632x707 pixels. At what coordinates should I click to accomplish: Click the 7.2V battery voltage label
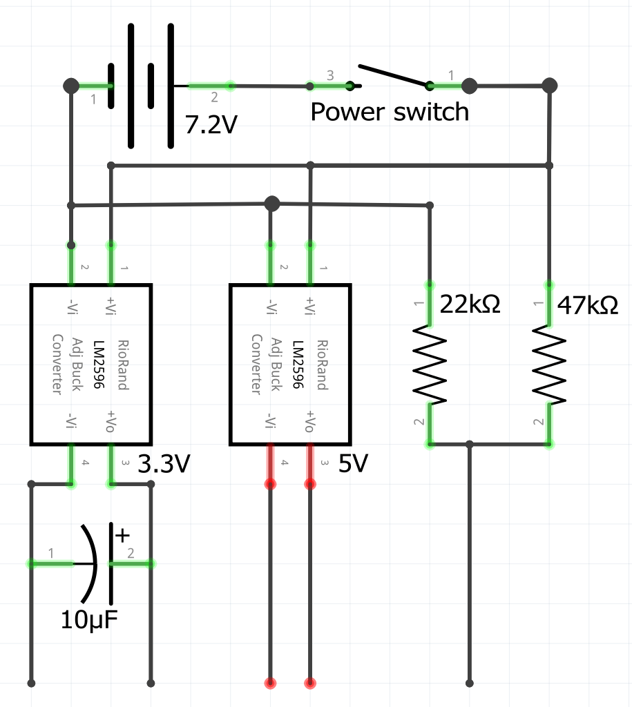pos(211,124)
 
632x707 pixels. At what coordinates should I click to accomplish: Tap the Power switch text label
pos(389,111)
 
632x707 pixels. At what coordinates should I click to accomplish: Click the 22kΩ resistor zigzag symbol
pos(429,365)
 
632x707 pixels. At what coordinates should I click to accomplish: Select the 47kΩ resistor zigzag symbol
pos(549,365)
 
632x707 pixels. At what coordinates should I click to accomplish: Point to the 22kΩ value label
pos(470,304)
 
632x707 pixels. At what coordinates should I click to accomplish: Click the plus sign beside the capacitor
pos(122,534)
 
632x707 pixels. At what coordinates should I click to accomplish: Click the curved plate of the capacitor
pos(90,564)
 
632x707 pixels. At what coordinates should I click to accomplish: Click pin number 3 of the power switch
pos(329,75)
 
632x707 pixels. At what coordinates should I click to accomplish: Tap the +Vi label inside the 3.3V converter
pos(111,305)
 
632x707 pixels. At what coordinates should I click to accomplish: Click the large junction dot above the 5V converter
pos(272,204)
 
